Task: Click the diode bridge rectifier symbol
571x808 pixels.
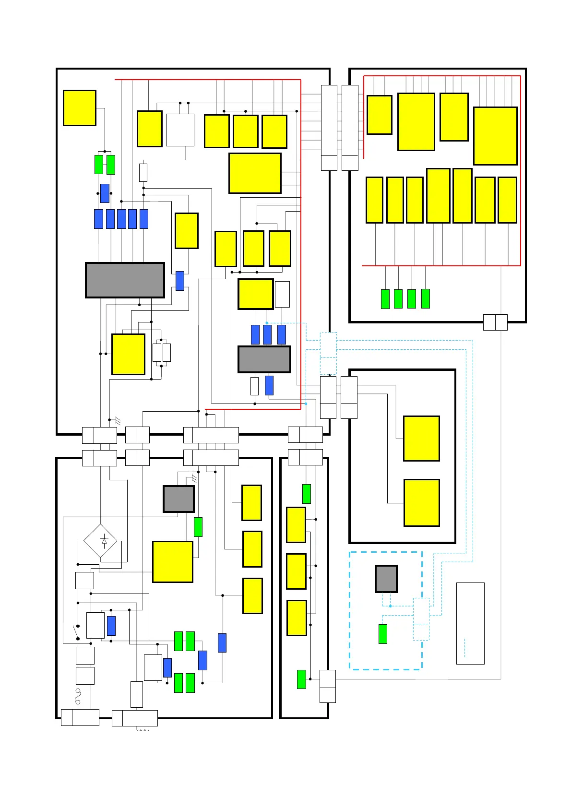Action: tap(100, 541)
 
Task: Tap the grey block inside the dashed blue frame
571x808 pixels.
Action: tap(386, 579)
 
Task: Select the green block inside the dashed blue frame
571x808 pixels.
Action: tap(382, 634)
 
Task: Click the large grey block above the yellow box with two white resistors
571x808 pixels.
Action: tap(125, 280)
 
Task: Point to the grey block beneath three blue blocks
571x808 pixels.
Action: tap(264, 359)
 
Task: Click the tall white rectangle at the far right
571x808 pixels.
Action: tap(470, 623)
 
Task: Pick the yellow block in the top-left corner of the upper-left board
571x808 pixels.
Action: tap(80, 108)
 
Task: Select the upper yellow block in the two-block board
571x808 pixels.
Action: tap(421, 438)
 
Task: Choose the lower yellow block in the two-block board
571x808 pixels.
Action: tap(421, 502)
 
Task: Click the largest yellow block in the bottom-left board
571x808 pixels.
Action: tap(172, 561)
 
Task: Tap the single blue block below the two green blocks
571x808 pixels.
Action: tap(105, 193)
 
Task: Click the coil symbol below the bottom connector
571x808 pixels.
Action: tap(143, 730)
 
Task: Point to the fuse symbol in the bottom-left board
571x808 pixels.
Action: tap(78, 697)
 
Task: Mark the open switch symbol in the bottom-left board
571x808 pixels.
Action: tap(76, 632)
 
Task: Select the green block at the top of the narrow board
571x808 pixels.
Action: tap(306, 494)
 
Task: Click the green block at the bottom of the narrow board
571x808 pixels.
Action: tap(301, 679)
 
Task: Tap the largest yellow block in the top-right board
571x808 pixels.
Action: tap(495, 136)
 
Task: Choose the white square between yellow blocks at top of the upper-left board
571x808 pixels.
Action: tap(180, 130)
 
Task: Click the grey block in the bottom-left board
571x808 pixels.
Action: tap(178, 499)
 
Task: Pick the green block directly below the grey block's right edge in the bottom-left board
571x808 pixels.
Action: tap(198, 527)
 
